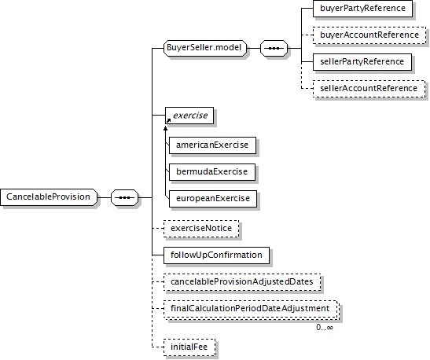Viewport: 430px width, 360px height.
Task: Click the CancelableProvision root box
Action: pyautogui.click(x=49, y=197)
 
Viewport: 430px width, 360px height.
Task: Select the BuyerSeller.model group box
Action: pyautogui.click(x=205, y=48)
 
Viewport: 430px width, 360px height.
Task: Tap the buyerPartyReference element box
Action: pyautogui.click(x=362, y=8)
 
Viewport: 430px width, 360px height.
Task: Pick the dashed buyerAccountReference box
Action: pyautogui.click(x=369, y=35)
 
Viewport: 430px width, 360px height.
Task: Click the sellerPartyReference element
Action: pyautogui.click(x=362, y=61)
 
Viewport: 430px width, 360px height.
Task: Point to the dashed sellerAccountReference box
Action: pyautogui.click(x=369, y=89)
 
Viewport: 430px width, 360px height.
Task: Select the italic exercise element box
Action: pyautogui.click(x=189, y=116)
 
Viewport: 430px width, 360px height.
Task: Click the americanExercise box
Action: pyautogui.click(x=212, y=145)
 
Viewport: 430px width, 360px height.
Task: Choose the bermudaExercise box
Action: pyautogui.click(x=212, y=172)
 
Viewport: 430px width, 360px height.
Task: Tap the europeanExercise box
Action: pyautogui.click(x=213, y=199)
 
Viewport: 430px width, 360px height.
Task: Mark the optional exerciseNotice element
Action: pyautogui.click(x=201, y=229)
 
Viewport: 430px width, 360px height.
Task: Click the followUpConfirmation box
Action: pyautogui.click(x=216, y=255)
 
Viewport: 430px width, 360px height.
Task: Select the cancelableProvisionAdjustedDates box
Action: pyautogui.click(x=242, y=282)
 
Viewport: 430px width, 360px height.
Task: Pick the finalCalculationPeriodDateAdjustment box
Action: pyautogui.click(x=252, y=309)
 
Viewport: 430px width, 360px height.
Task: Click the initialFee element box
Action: pyautogui.click(x=189, y=347)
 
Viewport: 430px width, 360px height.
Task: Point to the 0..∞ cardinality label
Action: pyautogui.click(x=325, y=327)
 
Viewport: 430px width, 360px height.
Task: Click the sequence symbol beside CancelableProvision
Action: pyautogui.click(x=124, y=197)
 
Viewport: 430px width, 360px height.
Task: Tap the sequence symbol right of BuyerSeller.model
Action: pyautogui.click(x=274, y=48)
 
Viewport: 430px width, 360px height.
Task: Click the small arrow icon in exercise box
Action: pyautogui.click(x=168, y=120)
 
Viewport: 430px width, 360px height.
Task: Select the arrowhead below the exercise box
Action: pyautogui.click(x=165, y=128)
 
